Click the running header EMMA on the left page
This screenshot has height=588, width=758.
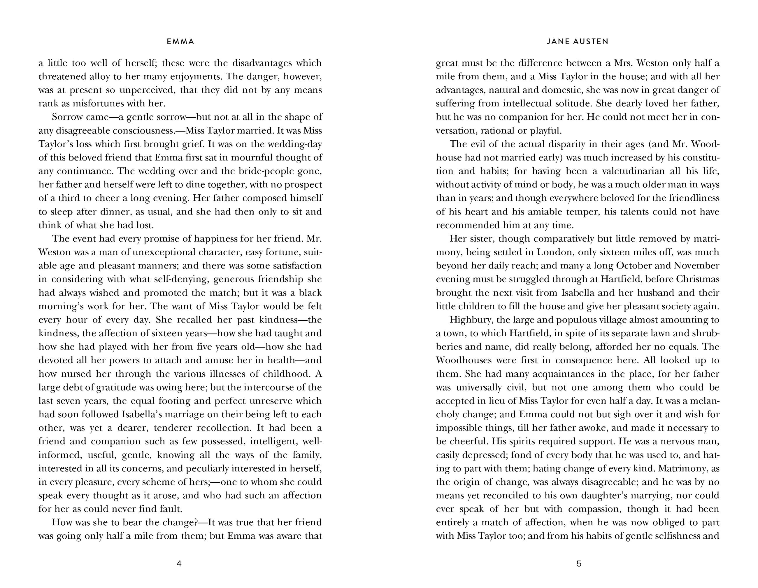pos(180,42)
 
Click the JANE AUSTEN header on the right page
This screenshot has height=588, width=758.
pos(578,42)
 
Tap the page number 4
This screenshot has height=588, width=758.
pos(179,563)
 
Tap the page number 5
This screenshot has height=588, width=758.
pos(579,563)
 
